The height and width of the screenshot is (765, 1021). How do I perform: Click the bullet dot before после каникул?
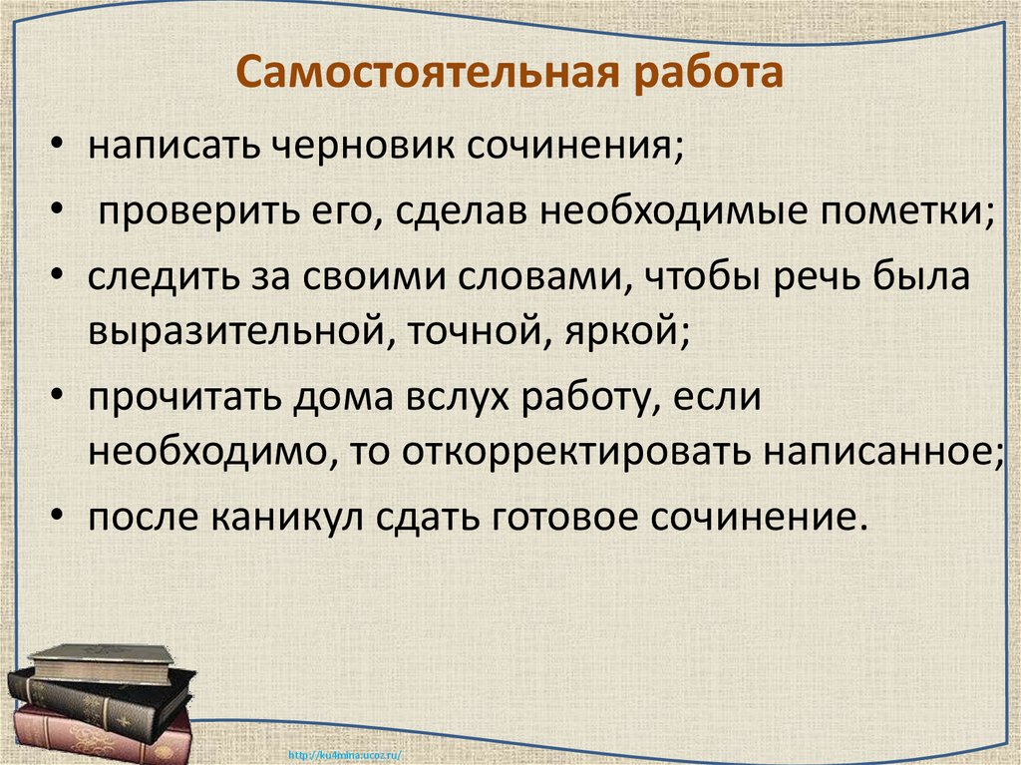(62, 520)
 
